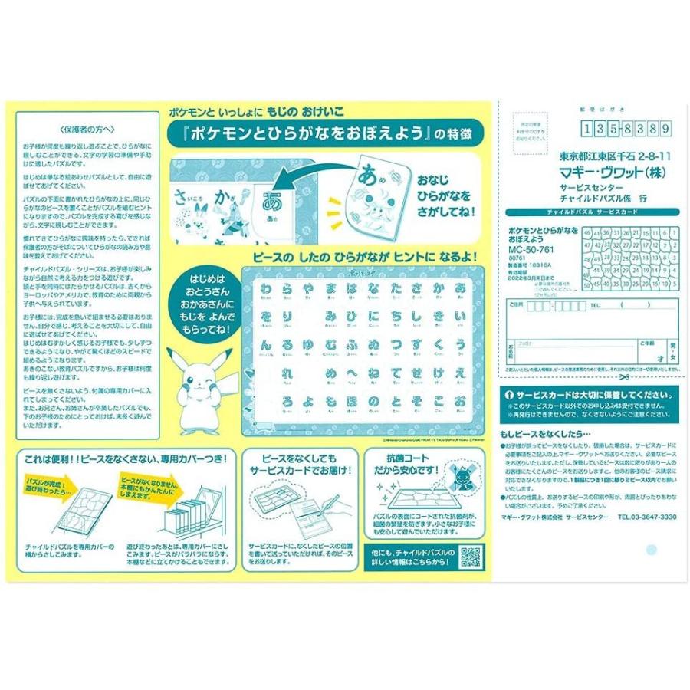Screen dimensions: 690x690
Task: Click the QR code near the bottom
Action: click(472, 557)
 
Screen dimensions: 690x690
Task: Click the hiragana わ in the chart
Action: click(267, 288)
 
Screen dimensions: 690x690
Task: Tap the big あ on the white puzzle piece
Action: click(271, 202)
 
